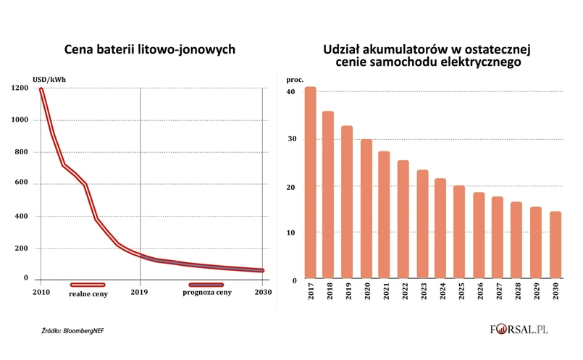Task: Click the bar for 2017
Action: pyautogui.click(x=310, y=183)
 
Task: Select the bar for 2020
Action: pyautogui.click(x=366, y=209)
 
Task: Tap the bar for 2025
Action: pyautogui.click(x=459, y=233)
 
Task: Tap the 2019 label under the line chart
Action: pyautogui.click(x=139, y=293)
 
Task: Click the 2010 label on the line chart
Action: pyautogui.click(x=41, y=293)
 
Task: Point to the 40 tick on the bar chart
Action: pyautogui.click(x=290, y=92)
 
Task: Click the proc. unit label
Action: pyautogui.click(x=295, y=78)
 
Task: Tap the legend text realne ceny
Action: pyautogui.click(x=88, y=294)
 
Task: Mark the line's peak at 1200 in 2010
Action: pyautogui.click(x=41, y=89)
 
